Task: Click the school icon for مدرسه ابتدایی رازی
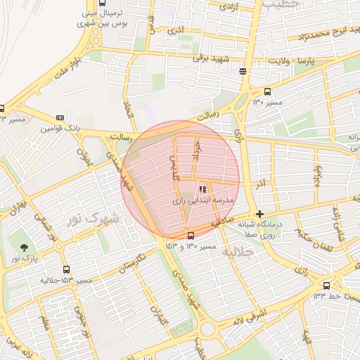[x=202, y=189]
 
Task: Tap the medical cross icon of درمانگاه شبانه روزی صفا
[x=260, y=214]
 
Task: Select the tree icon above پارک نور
[x=25, y=247]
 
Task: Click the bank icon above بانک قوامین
[x=60, y=117]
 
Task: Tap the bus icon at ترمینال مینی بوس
[x=103, y=3]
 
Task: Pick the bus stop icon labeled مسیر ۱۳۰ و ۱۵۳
[x=191, y=236]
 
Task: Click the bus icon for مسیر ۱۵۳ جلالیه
[x=66, y=269]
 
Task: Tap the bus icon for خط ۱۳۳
[x=327, y=285]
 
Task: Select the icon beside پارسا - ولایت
[x=243, y=70]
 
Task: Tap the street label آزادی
[x=229, y=6]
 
